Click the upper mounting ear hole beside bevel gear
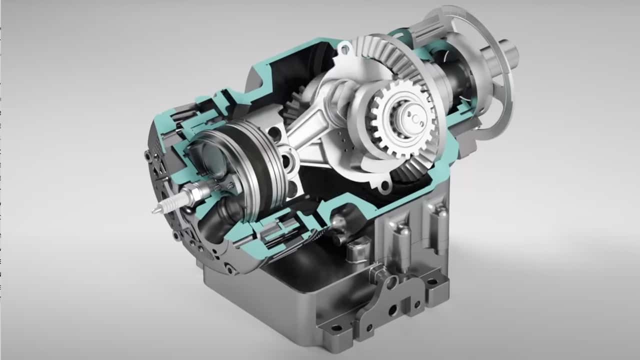coord(344,48)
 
